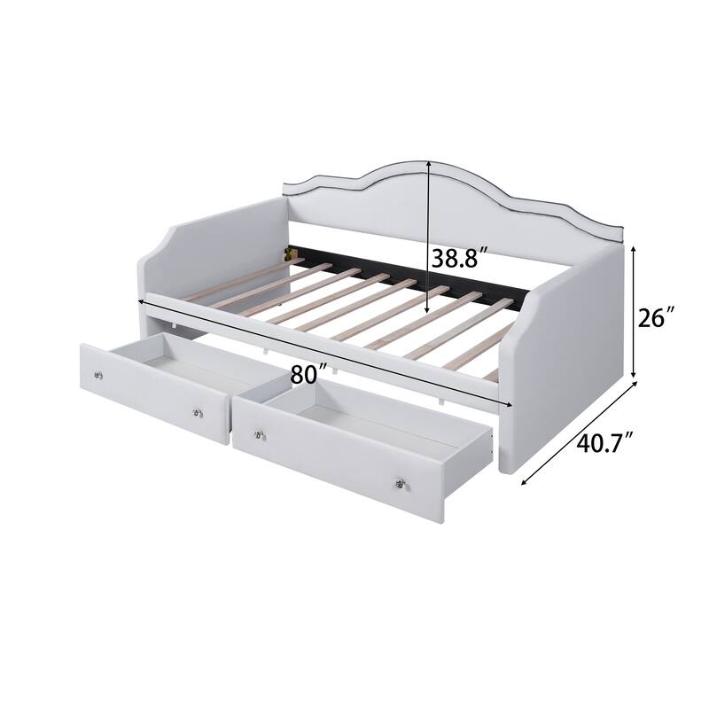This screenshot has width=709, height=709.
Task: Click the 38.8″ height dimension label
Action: tap(460, 259)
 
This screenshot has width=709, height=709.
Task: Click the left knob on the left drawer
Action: tap(97, 377)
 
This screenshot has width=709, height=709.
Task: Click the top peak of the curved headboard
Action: tap(429, 163)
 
